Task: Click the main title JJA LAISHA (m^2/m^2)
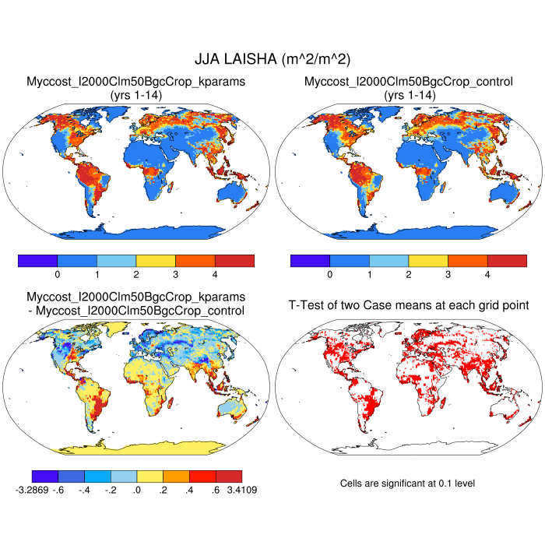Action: [x=272, y=59]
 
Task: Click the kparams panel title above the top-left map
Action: [x=136, y=81]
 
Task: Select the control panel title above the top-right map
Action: [x=409, y=81]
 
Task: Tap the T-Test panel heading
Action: [x=409, y=304]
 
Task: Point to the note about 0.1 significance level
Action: [x=407, y=483]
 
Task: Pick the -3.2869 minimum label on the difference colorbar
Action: [x=32, y=490]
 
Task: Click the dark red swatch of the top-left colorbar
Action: [x=234, y=260]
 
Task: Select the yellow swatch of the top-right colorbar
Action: [x=428, y=260]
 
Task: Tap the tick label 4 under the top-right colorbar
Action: [x=487, y=274]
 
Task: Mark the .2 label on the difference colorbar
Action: [x=163, y=490]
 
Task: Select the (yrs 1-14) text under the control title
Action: [x=409, y=94]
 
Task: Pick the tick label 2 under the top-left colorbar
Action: [x=136, y=274]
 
